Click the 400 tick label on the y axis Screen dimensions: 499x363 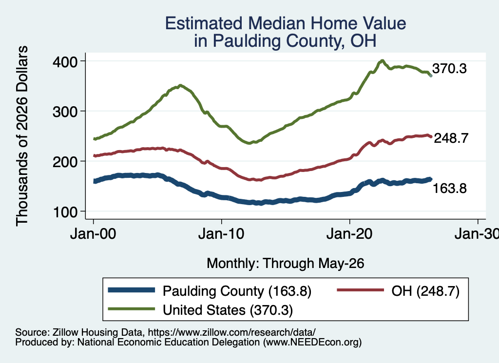[x=65, y=61]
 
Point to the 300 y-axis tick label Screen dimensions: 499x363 [x=65, y=112]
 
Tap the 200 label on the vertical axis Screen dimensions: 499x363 [x=65, y=162]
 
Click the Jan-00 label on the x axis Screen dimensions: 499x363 [x=93, y=234]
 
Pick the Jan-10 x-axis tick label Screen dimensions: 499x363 [x=221, y=234]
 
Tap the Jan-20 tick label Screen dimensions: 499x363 [x=349, y=234]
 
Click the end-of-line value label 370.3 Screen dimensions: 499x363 [x=449, y=69]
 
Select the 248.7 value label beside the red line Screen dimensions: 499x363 [x=451, y=138]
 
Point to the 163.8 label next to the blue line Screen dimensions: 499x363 [x=450, y=189]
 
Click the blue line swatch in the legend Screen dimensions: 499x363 [x=132, y=290]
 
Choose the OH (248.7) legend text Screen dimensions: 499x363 [x=425, y=291]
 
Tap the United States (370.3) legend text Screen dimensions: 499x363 [x=228, y=310]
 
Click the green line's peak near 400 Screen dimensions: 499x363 [x=382, y=61]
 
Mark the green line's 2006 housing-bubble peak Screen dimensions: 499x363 [x=180, y=86]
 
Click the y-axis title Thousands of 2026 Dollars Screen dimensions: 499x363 [x=22, y=136]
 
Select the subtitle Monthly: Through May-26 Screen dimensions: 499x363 [x=286, y=264]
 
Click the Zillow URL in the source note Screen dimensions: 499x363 [x=231, y=332]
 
